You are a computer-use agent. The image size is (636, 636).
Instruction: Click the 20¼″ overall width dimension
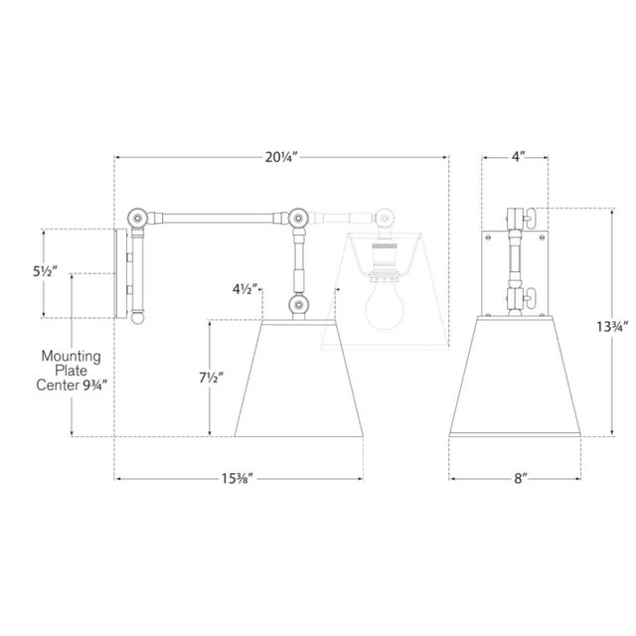(281, 157)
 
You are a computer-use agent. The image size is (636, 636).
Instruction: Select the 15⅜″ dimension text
(238, 479)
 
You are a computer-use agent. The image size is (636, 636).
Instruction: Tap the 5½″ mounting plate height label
(45, 271)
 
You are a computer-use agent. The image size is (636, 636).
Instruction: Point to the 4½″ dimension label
(245, 289)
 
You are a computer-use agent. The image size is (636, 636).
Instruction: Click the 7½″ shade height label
(212, 378)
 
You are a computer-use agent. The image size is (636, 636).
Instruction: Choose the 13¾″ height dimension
(612, 327)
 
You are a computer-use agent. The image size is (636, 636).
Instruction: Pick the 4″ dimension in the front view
(518, 157)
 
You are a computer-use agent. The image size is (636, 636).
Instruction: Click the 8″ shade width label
(520, 479)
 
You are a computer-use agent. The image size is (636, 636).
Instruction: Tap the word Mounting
(71, 357)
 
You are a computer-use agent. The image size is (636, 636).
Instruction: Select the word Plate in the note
(71, 371)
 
